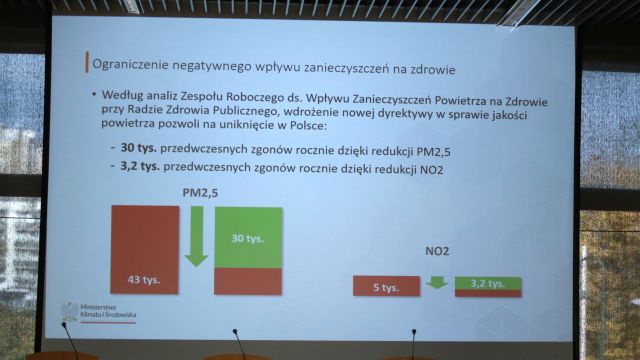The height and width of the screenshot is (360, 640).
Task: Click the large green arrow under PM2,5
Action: (x=196, y=235)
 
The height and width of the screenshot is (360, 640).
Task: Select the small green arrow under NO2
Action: (x=436, y=283)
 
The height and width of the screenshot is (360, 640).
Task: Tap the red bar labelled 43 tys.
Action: (x=145, y=250)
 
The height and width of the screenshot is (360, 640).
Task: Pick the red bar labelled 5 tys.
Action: (x=386, y=287)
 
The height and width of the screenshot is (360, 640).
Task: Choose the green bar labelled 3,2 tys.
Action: (x=488, y=283)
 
